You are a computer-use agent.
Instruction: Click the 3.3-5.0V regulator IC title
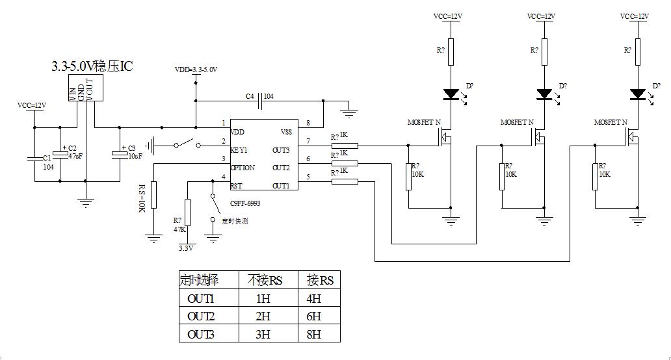click(x=93, y=67)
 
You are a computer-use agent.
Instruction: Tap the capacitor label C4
click(x=250, y=96)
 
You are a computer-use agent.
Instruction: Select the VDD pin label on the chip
click(x=238, y=131)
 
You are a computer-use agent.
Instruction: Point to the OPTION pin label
click(x=243, y=168)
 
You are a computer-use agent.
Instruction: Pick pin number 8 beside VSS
click(x=308, y=123)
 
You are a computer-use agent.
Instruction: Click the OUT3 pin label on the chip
click(x=281, y=149)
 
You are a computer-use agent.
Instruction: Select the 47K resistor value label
click(x=178, y=229)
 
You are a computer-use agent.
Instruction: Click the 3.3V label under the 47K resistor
click(x=186, y=248)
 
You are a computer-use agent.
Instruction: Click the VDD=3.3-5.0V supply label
click(x=196, y=69)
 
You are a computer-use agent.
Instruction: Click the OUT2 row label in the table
click(x=200, y=317)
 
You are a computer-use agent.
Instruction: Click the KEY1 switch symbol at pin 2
click(x=187, y=144)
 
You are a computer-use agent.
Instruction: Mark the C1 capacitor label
click(x=47, y=158)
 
